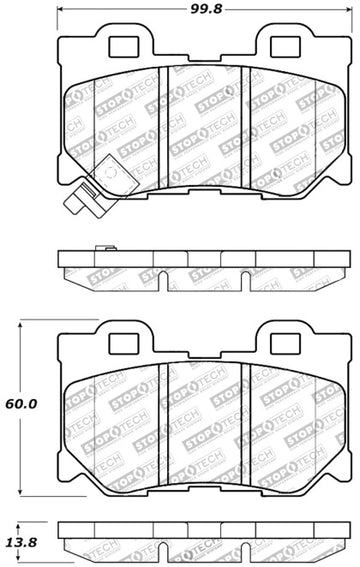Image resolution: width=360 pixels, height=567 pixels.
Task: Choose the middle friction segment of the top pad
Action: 204,130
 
